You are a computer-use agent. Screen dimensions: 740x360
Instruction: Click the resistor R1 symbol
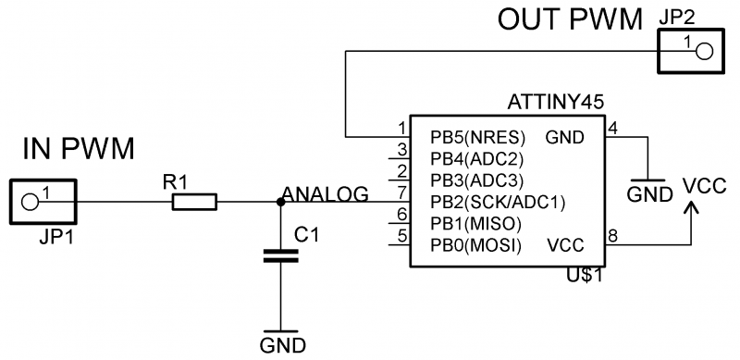[x=194, y=202]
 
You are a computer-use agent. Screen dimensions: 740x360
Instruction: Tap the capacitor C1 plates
[x=280, y=256]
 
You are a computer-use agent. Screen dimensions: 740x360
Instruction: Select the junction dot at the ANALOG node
[x=280, y=202]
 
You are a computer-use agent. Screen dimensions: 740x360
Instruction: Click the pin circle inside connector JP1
[x=30, y=202]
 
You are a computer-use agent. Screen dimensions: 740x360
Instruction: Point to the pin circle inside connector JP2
[x=705, y=51]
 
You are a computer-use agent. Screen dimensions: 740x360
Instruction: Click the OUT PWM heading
[x=571, y=20]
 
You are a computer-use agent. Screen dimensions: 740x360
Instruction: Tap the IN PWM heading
[x=79, y=148]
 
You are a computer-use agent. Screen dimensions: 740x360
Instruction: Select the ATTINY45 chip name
[x=556, y=103]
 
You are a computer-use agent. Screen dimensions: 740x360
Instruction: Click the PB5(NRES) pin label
[x=477, y=138]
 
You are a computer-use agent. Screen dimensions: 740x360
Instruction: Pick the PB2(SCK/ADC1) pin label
[x=498, y=203]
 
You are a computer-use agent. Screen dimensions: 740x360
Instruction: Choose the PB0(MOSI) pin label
[x=475, y=245]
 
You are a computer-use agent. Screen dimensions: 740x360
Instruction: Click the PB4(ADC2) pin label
[x=476, y=159]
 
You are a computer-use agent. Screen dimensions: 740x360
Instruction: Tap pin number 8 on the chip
[x=612, y=237]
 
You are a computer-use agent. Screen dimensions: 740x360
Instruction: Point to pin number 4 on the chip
[x=612, y=129]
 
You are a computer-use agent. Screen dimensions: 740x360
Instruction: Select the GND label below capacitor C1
[x=283, y=345]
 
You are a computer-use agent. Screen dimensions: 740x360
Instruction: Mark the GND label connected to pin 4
[x=650, y=194]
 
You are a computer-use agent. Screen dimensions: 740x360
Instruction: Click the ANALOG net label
[x=326, y=194]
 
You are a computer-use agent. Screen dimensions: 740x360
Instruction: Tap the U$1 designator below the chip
[x=586, y=275]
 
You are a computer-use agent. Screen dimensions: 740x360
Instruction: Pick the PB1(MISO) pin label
[x=475, y=224]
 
